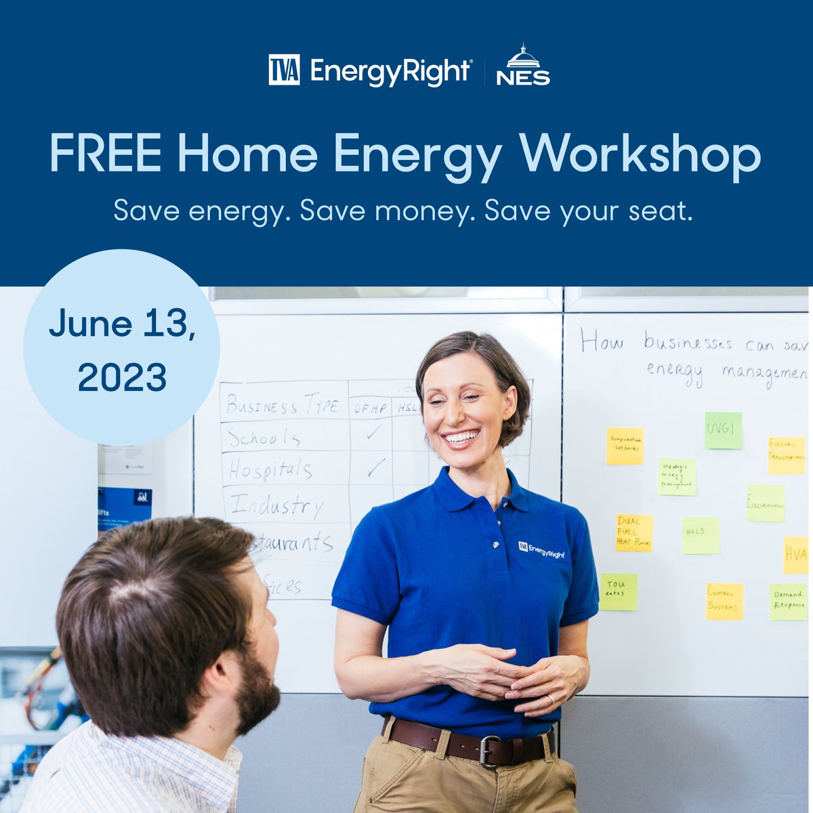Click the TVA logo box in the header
tap(284, 70)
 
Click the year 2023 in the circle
tap(122, 377)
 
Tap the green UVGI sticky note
tap(723, 430)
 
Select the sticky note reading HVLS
tap(700, 535)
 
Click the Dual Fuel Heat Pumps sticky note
tap(634, 533)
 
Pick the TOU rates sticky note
tap(618, 591)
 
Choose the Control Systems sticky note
tap(724, 601)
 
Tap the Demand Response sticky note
tap(789, 602)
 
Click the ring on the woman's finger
tap(550, 699)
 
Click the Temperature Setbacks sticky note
tap(624, 445)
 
